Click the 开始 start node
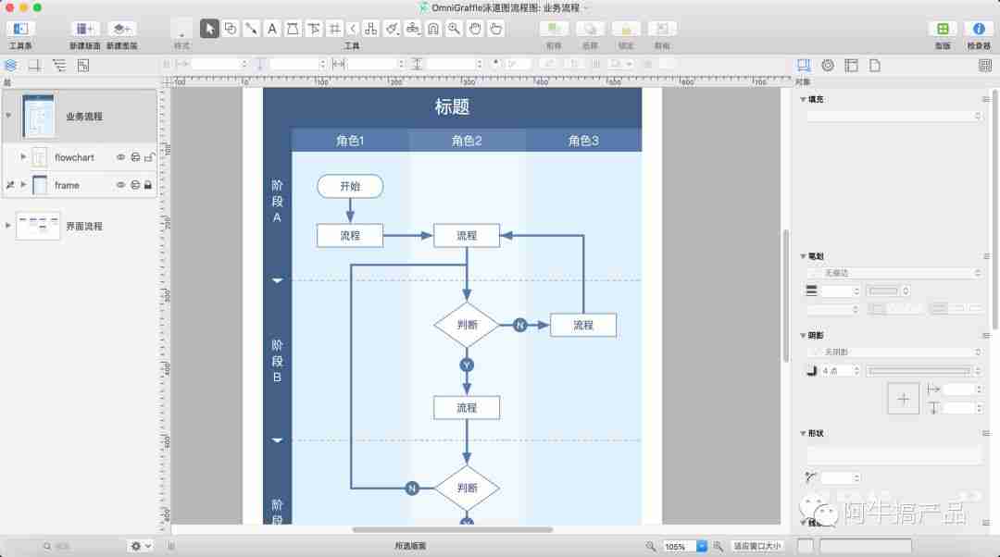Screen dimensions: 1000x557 (x=349, y=186)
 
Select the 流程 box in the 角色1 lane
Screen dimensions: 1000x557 (x=349, y=235)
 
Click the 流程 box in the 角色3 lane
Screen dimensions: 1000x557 (x=582, y=325)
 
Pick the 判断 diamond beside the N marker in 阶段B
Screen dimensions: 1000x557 (x=467, y=325)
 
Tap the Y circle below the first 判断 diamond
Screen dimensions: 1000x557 (x=467, y=365)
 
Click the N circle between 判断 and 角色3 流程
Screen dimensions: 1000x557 (x=519, y=325)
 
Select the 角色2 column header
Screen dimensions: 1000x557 (x=467, y=141)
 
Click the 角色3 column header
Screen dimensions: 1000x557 (x=583, y=141)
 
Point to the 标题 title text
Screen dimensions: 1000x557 (x=452, y=106)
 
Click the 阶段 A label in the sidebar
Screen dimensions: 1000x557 (x=277, y=201)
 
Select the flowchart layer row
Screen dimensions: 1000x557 (x=74, y=157)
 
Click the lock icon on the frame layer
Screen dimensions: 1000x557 (x=148, y=185)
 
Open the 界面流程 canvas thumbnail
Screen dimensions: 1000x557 (x=38, y=226)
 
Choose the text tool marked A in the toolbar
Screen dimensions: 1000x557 (x=272, y=29)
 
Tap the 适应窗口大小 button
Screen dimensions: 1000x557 (x=757, y=546)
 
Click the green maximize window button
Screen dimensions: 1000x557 (x=37, y=7)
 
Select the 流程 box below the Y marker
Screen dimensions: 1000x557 (x=467, y=407)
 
